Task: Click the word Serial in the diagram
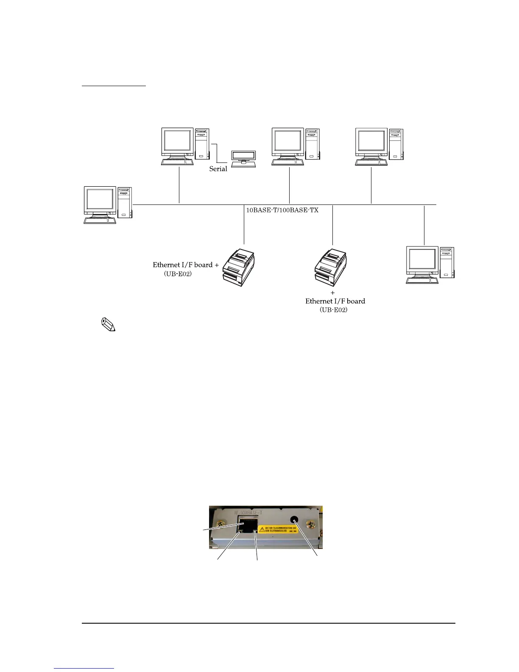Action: [218, 169]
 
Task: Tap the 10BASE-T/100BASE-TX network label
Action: [282, 210]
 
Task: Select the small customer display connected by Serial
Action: [243, 158]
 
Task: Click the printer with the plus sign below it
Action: [331, 267]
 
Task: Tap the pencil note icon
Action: [109, 325]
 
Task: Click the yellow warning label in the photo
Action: [278, 530]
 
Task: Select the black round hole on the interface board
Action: [294, 520]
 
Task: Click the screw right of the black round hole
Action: [312, 525]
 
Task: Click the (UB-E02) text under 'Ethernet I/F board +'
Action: [178, 274]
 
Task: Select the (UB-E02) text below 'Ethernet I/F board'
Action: [333, 310]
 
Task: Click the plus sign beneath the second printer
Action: [332, 293]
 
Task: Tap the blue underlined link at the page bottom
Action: [84, 669]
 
